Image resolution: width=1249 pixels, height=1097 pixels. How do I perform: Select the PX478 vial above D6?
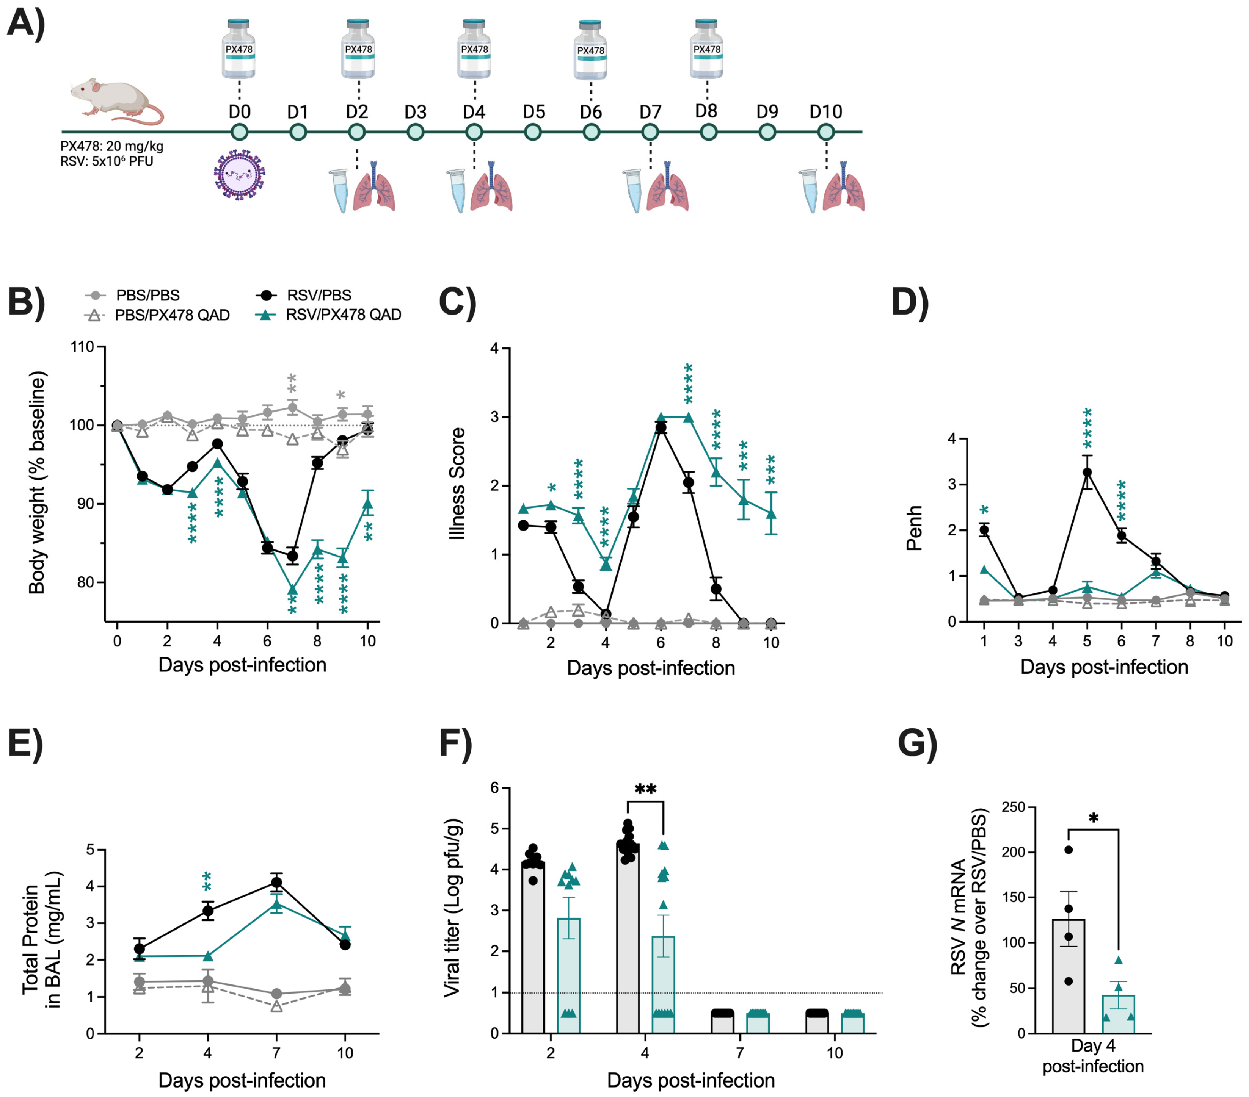(x=591, y=50)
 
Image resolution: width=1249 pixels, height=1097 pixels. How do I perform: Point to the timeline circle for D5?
(x=533, y=132)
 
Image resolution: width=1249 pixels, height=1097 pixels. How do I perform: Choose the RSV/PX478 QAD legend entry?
(x=330, y=315)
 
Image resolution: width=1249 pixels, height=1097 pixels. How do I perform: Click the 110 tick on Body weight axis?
(x=82, y=347)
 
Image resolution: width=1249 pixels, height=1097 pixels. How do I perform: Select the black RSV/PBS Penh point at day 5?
(x=1087, y=472)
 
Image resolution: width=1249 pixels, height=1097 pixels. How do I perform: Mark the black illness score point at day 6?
(x=661, y=427)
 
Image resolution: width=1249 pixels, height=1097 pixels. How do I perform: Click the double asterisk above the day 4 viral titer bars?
(x=645, y=789)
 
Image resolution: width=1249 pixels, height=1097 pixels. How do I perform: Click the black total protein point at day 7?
(x=277, y=882)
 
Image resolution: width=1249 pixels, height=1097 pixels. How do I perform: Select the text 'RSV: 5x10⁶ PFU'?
(x=107, y=161)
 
